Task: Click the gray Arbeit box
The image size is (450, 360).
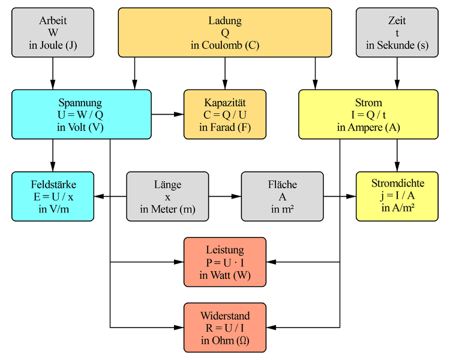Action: point(53,32)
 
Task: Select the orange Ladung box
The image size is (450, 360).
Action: point(225,32)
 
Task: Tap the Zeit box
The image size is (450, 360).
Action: point(397,32)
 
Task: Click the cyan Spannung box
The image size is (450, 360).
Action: point(81,114)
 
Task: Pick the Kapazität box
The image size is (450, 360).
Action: point(225,114)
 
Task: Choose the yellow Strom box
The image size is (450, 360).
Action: point(368,114)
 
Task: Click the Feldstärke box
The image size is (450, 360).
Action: point(53,196)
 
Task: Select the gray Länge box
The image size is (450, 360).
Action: point(167,196)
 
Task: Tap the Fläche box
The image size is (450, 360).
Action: point(282,196)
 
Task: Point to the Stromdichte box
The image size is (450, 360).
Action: point(397,196)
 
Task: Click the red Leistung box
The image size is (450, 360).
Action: point(225,262)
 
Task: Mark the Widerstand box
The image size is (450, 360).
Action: point(225,327)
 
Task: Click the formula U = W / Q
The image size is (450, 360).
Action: point(81,115)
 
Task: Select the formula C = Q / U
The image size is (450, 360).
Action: point(225,115)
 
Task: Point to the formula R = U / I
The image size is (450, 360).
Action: point(225,328)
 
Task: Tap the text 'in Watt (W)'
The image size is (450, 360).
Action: point(225,275)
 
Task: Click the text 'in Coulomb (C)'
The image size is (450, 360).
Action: point(225,46)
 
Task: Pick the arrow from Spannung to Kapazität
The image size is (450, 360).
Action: point(167,114)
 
